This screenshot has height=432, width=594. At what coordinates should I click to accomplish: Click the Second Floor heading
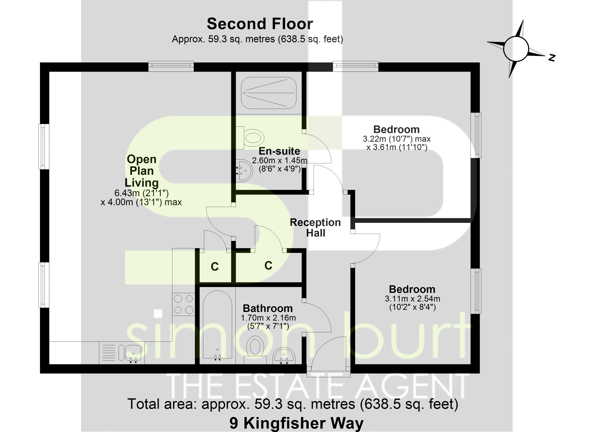(x=260, y=24)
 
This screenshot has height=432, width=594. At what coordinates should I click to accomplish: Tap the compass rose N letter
(x=552, y=58)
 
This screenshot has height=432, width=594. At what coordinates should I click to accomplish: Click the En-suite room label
(x=279, y=151)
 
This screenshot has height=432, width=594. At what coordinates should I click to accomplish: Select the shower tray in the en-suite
(x=268, y=93)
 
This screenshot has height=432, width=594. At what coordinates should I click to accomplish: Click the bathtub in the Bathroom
(x=217, y=325)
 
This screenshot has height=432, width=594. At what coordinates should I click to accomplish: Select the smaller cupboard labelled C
(x=215, y=266)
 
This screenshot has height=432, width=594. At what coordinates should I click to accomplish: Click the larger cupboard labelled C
(x=268, y=265)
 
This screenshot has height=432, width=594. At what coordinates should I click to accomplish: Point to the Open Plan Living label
(x=141, y=171)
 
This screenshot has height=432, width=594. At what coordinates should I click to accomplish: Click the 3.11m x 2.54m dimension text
(x=412, y=299)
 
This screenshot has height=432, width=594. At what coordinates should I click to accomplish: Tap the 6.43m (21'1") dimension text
(x=141, y=193)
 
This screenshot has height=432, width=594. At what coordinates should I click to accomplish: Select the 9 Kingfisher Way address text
(x=296, y=423)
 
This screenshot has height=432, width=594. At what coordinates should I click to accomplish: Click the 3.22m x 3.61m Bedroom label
(x=397, y=129)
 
